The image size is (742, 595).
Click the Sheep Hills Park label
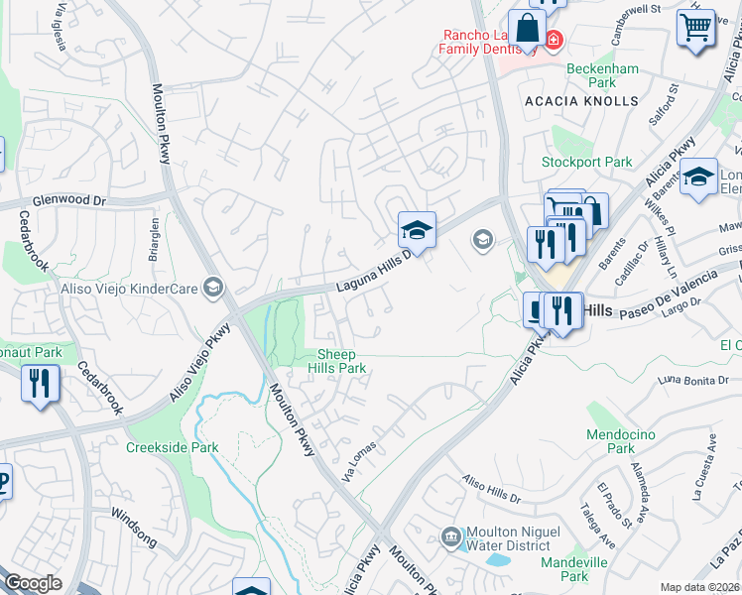(342, 361)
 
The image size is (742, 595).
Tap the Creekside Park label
(172, 447)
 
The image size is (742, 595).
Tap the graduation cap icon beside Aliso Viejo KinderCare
(210, 288)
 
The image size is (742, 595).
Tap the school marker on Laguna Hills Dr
(418, 232)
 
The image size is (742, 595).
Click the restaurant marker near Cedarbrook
(40, 383)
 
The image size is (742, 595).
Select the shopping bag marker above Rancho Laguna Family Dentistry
(527, 29)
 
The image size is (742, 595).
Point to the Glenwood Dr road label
(68, 199)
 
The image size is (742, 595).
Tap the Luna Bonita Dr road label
(693, 380)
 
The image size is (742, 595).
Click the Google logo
(33, 583)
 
